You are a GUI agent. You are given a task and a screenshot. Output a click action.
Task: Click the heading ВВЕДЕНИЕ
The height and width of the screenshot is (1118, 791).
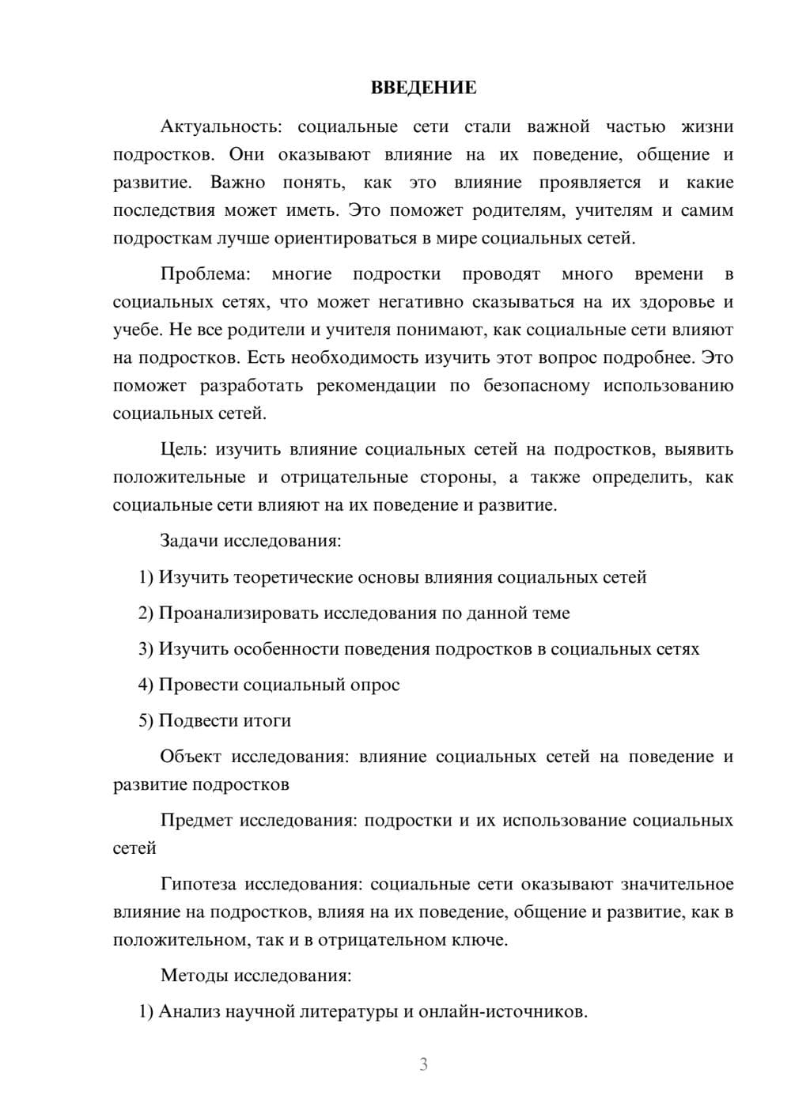tap(423, 88)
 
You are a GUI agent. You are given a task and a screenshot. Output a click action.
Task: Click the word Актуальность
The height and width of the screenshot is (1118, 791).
tap(217, 127)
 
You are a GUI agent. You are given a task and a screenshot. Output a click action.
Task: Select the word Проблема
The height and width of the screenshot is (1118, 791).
tap(205, 274)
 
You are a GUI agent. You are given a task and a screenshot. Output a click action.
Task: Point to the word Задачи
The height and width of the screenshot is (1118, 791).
tap(189, 542)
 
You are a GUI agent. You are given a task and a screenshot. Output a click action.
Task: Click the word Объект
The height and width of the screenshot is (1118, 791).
tap(191, 757)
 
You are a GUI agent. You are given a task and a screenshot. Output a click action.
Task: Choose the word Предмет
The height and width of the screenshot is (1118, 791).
tap(196, 820)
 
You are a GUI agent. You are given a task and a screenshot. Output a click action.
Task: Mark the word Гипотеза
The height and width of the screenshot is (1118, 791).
tap(199, 884)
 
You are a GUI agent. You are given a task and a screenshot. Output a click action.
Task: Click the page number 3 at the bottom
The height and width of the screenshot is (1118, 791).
tap(423, 1065)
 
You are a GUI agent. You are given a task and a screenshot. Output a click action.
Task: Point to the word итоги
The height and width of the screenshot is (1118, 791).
tap(266, 721)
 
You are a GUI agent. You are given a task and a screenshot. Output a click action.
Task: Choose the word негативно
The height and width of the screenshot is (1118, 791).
tap(419, 302)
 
